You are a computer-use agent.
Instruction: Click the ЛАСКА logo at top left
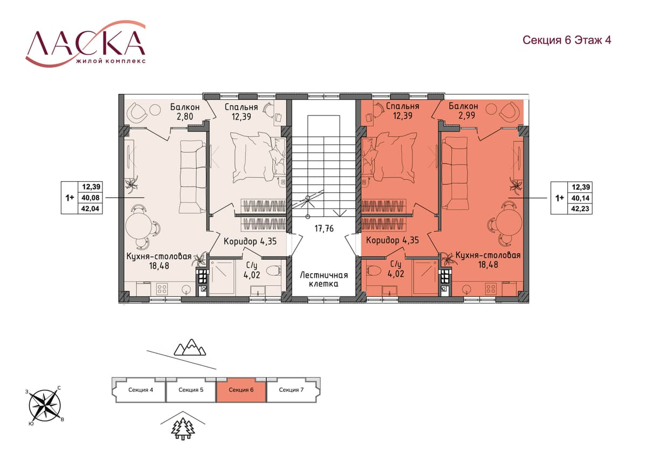pyautogui.click(x=86, y=44)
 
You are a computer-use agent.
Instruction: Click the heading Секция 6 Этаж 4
pyautogui.click(x=567, y=40)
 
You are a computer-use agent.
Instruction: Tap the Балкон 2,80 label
pyautogui.click(x=185, y=112)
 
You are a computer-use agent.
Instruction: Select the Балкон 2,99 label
pyautogui.click(x=463, y=111)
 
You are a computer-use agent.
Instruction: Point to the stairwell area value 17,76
pyautogui.click(x=324, y=228)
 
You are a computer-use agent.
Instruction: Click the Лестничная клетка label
pyautogui.click(x=324, y=279)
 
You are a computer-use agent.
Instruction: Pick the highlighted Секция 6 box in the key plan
pyautogui.click(x=241, y=390)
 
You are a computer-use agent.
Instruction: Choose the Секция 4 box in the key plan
pyautogui.click(x=140, y=390)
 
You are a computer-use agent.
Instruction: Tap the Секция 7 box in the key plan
pyautogui.click(x=292, y=390)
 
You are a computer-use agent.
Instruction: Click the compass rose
pyautogui.click(x=44, y=406)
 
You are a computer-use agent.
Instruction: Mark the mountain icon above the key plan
pyautogui.click(x=190, y=347)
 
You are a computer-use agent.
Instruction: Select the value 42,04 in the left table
pyautogui.click(x=90, y=209)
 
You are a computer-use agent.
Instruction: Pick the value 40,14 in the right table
pyautogui.click(x=580, y=198)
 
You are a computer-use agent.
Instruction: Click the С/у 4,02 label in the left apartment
pyautogui.click(x=252, y=270)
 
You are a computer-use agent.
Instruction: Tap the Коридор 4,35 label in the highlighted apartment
pyautogui.click(x=393, y=240)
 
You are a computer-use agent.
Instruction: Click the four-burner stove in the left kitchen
pyautogui.click(x=162, y=289)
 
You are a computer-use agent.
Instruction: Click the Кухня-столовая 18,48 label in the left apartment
pyautogui.click(x=159, y=261)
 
